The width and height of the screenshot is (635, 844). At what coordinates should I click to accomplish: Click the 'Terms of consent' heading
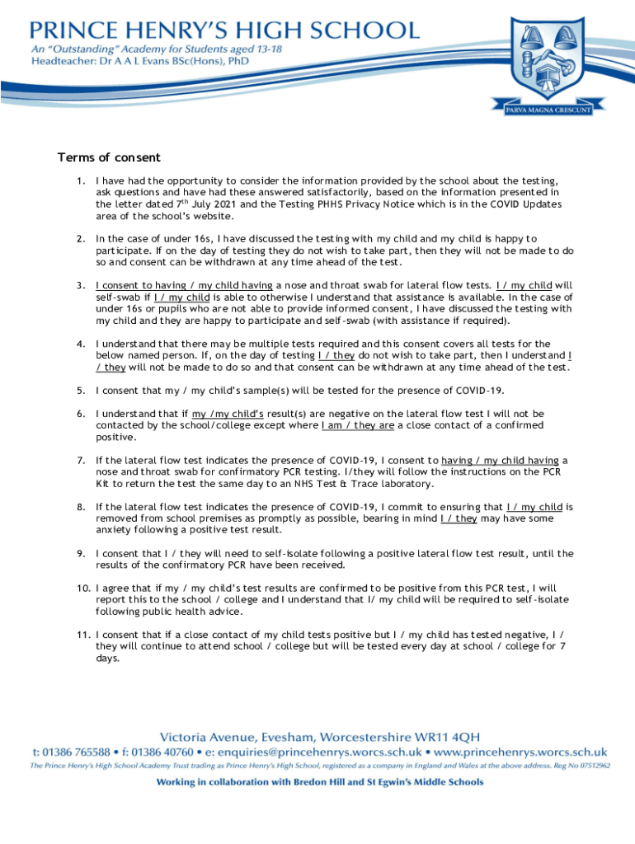[108, 157]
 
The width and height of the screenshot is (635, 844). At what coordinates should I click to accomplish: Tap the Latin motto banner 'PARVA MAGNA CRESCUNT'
[548, 110]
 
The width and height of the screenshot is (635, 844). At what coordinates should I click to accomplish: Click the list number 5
[80, 391]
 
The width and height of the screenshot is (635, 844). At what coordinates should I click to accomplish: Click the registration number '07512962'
[591, 766]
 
